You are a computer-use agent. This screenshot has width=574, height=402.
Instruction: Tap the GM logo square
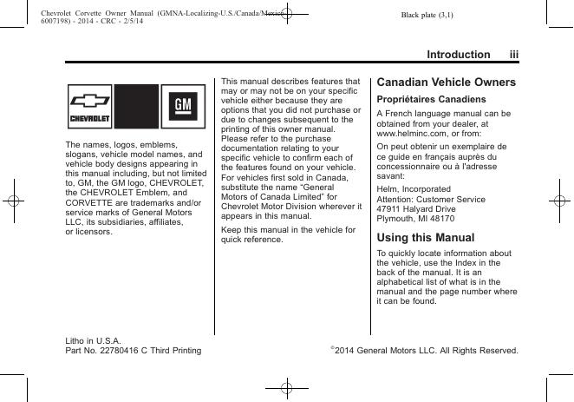pos(182,106)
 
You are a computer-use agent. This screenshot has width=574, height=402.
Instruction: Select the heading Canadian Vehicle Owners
pos(446,82)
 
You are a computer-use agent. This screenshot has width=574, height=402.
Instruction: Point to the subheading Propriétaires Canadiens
pos(424,100)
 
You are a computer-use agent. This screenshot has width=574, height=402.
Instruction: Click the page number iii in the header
pos(513,55)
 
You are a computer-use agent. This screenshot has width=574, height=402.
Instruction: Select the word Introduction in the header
pos(458,55)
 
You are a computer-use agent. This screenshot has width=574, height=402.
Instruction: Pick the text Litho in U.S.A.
pos(93,340)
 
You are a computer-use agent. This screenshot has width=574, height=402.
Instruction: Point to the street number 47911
pos(390,209)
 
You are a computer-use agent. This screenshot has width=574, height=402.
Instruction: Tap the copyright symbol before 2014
pos(333,348)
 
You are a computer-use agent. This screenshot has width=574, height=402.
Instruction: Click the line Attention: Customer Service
pos(431,199)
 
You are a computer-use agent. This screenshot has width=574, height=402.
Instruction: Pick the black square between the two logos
pos(135,106)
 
